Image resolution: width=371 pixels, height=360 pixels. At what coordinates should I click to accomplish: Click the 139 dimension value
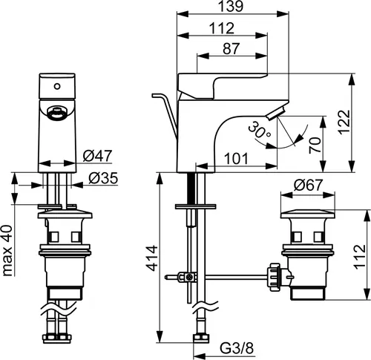232,7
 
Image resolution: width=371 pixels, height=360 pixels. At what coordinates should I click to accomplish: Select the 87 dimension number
232,48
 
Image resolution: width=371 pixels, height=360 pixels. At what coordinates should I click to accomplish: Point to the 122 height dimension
344,122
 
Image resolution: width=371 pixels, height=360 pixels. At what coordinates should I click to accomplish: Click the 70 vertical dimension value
315,145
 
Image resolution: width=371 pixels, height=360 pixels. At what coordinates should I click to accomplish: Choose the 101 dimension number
236,159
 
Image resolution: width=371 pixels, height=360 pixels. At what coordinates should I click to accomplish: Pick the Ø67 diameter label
308,185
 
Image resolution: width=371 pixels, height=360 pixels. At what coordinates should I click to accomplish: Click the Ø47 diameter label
97,156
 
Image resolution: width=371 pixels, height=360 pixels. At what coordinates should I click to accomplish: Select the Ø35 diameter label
103,178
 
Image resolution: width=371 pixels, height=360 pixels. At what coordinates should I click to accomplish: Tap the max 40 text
7,250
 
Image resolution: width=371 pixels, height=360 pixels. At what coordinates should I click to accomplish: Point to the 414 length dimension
151,258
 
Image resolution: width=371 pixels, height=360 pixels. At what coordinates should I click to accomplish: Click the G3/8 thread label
237,348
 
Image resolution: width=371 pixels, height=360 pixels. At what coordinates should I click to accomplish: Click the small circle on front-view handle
57,86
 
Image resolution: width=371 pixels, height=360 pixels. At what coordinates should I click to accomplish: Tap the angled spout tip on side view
276,114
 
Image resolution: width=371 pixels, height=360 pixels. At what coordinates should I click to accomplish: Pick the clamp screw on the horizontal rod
190,278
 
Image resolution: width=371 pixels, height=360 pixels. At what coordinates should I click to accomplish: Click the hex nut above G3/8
201,338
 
